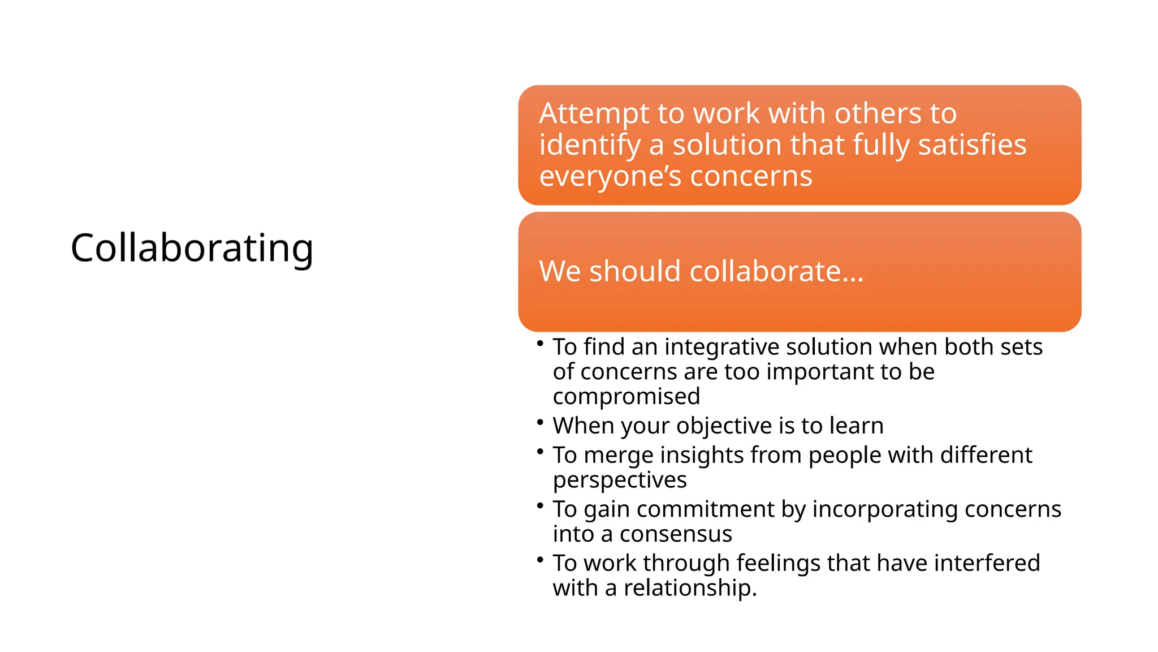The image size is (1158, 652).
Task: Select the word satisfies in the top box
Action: coord(972,145)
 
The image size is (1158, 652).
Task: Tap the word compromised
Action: coord(626,396)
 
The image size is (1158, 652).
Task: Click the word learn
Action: coord(856,426)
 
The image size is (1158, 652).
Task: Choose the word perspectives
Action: coord(620,481)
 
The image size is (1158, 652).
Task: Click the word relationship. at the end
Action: coord(690,588)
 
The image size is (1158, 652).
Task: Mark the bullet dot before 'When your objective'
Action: coord(540,422)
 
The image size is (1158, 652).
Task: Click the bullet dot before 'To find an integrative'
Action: coord(540,343)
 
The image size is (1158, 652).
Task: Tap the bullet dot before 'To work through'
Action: coord(540,559)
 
